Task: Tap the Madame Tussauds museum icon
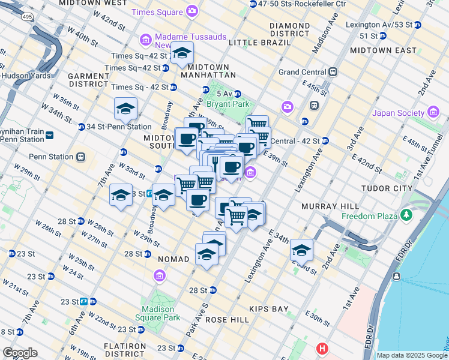(x=145, y=40)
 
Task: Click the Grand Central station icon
(x=333, y=72)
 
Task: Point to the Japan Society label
(x=398, y=112)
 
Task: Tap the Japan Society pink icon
(x=433, y=112)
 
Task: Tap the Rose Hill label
(x=227, y=320)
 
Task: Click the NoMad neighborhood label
(x=173, y=259)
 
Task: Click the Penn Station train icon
(x=81, y=157)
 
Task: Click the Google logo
(x=20, y=353)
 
